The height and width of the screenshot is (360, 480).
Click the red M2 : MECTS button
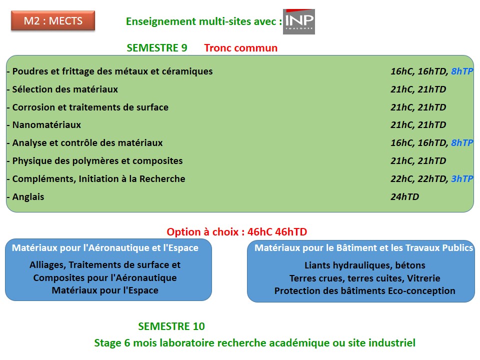coord(53,21)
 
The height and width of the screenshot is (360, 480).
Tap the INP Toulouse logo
coord(299,21)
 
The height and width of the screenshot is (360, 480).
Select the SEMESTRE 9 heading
coord(156,48)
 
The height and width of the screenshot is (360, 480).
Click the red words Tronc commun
coord(241,48)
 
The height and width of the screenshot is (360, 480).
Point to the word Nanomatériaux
coord(46,125)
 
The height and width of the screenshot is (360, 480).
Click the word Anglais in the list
coord(28,197)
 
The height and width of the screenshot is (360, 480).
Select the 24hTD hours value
coord(404,197)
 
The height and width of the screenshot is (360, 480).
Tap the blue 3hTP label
coord(462,179)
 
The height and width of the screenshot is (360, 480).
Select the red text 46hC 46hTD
coord(277,232)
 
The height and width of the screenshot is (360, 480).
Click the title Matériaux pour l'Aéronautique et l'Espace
coord(105,248)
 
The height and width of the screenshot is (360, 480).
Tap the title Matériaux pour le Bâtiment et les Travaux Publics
coord(364,248)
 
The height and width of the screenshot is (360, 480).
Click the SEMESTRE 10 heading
coord(171,326)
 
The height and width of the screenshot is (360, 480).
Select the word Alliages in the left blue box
coord(48,265)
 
